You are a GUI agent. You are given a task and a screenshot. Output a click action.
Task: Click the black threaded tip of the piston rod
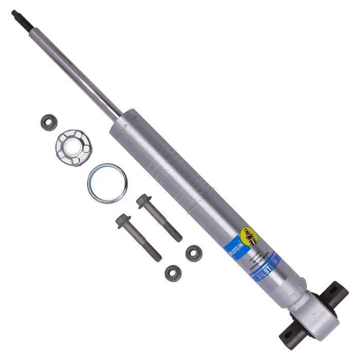19,16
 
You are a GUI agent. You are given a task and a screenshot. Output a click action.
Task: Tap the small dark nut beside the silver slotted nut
49,122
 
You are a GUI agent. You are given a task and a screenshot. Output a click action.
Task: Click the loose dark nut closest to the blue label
194,252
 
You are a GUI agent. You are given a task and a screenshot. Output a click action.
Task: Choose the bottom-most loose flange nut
173,273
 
